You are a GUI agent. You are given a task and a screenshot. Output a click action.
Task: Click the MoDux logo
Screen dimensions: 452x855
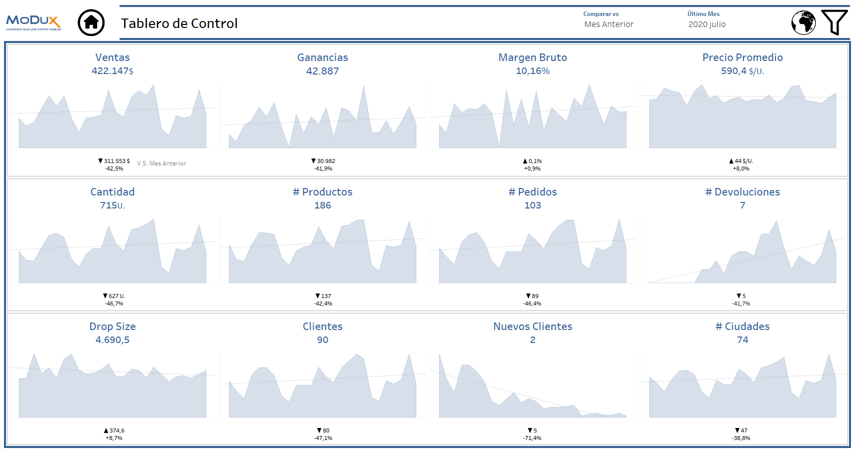tap(34, 22)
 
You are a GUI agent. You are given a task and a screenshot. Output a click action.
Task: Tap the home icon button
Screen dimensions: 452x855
tap(91, 22)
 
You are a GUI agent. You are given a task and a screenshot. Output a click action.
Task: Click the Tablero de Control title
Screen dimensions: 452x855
tap(179, 23)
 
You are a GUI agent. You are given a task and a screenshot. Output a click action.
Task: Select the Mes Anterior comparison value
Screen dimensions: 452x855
tap(608, 24)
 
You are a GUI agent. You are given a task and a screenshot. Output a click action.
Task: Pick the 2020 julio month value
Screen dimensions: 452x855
tap(706, 24)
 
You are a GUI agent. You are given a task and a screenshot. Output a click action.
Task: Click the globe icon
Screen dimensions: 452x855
tap(803, 22)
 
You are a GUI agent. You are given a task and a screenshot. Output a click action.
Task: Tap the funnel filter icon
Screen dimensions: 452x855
tap(834, 22)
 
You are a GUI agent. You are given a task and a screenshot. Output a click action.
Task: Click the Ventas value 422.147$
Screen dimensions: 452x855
tap(112, 71)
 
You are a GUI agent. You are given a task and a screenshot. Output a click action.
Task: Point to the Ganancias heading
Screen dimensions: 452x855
tap(322, 57)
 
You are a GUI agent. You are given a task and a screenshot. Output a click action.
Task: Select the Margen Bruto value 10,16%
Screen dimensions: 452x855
tap(532, 71)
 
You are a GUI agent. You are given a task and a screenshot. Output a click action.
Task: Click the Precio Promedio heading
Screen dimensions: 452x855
tap(742, 57)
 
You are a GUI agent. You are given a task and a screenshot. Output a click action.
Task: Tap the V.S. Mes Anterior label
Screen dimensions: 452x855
tap(161, 163)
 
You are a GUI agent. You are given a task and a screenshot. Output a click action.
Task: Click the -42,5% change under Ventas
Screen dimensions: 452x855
tap(114, 169)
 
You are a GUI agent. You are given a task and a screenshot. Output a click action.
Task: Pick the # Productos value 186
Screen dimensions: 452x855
tap(322, 205)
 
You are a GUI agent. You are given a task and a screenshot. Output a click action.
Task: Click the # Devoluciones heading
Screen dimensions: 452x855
tap(742, 192)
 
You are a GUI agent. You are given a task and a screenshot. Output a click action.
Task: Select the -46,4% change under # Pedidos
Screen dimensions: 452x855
tap(532, 304)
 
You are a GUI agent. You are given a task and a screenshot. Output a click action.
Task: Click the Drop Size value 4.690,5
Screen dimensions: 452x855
tap(112, 340)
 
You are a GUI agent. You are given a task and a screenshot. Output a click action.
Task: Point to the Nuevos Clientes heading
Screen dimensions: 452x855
tap(532, 326)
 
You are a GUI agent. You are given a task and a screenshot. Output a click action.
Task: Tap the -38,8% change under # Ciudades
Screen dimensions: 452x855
tap(741, 438)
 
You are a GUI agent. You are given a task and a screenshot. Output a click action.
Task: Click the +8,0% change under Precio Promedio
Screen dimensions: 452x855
tap(741, 169)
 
